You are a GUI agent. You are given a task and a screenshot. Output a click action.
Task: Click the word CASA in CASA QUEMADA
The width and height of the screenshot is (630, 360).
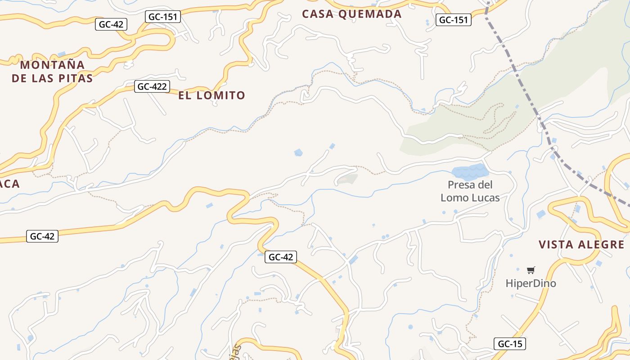(x=317, y=14)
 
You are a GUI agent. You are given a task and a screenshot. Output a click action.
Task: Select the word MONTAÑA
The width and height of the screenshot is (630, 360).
(x=53, y=65)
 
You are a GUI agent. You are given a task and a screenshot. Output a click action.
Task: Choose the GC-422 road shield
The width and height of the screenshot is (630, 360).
(x=152, y=86)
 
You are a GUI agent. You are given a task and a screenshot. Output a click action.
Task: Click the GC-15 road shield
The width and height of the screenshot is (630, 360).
(x=509, y=344)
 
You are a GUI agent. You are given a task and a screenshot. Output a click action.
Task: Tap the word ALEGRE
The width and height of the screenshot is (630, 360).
(x=603, y=245)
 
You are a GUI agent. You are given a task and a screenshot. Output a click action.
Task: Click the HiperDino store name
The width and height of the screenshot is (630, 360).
(x=531, y=283)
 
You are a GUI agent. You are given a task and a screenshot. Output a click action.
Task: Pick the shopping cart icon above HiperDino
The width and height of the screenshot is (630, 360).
(x=531, y=270)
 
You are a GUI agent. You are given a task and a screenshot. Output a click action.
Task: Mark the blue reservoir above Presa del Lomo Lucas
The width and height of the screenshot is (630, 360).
(x=469, y=171)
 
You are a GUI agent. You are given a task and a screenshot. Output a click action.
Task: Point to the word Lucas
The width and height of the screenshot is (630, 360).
(x=484, y=198)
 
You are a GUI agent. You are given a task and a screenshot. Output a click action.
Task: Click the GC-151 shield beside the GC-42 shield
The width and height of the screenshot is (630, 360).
(x=163, y=17)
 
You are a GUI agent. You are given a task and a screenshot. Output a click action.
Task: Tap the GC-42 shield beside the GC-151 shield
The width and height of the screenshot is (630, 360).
(x=111, y=24)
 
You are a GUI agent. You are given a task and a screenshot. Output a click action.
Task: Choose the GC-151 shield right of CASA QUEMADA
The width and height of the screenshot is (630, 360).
(x=454, y=20)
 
